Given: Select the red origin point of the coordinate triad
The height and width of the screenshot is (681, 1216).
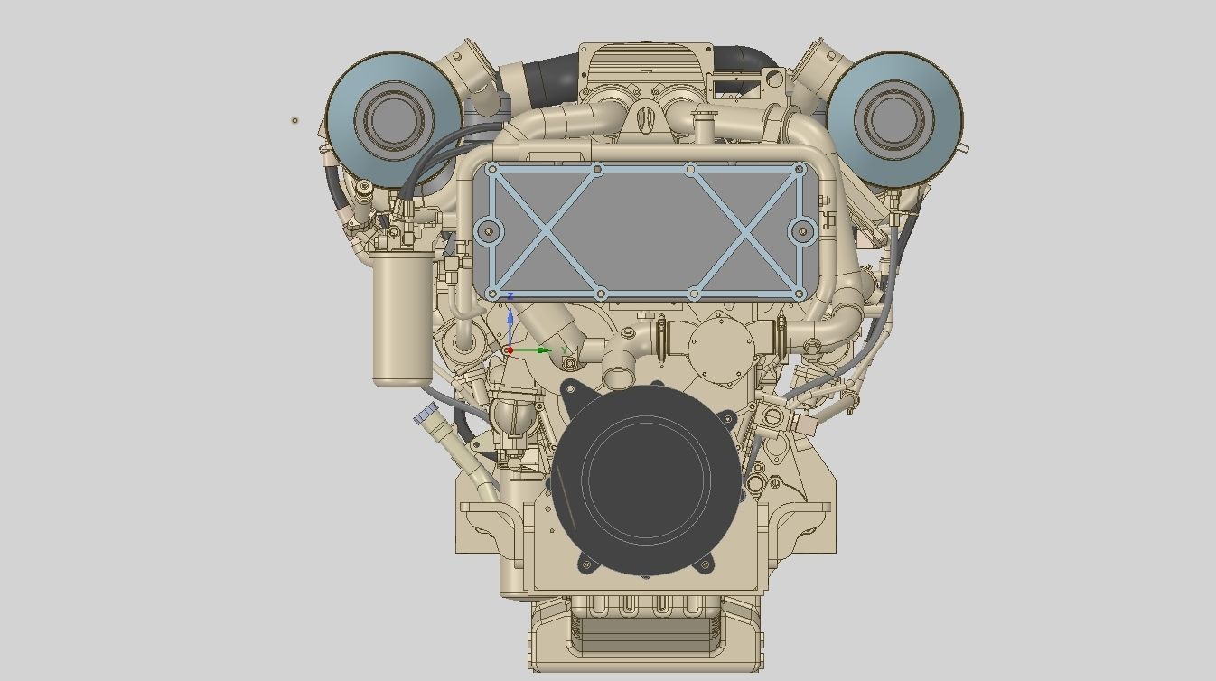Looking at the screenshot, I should click(510, 350).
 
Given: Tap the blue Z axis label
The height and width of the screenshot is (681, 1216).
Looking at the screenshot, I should click(511, 297).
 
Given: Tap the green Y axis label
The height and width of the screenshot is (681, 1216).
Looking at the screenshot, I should click(565, 350).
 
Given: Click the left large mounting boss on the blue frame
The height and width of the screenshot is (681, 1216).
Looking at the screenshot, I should click(490, 231).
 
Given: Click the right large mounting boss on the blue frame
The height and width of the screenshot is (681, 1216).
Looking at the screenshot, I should click(802, 231).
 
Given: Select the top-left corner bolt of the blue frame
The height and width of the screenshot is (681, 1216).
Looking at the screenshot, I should click(491, 169).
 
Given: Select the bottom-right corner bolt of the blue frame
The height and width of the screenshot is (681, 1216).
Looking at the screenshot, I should click(799, 294).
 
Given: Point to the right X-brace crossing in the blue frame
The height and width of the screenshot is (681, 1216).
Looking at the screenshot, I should click(745, 231).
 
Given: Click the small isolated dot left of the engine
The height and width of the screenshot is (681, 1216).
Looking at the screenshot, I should click(295, 120).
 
